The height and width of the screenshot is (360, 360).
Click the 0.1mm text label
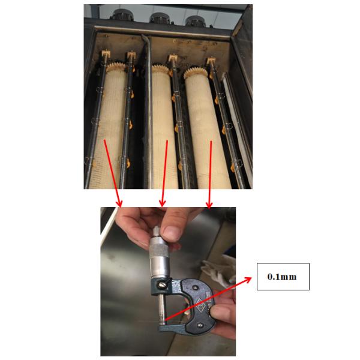[282, 277]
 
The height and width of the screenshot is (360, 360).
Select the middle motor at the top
[160, 18]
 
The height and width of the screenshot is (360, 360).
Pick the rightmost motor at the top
[196, 20]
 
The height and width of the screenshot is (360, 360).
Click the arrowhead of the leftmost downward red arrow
[119, 203]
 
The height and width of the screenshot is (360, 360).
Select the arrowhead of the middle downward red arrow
[163, 203]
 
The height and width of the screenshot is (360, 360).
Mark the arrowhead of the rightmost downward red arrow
[209, 205]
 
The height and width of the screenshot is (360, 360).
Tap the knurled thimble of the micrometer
[158, 247]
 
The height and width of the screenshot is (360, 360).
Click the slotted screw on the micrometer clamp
[161, 284]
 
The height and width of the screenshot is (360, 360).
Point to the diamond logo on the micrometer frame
[202, 305]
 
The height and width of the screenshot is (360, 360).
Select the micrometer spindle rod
[162, 310]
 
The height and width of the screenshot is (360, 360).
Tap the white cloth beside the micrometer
[218, 270]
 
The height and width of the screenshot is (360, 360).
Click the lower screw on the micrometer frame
[200, 325]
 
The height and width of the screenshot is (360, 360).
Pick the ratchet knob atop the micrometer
[157, 232]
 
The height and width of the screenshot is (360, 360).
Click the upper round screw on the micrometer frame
[195, 287]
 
